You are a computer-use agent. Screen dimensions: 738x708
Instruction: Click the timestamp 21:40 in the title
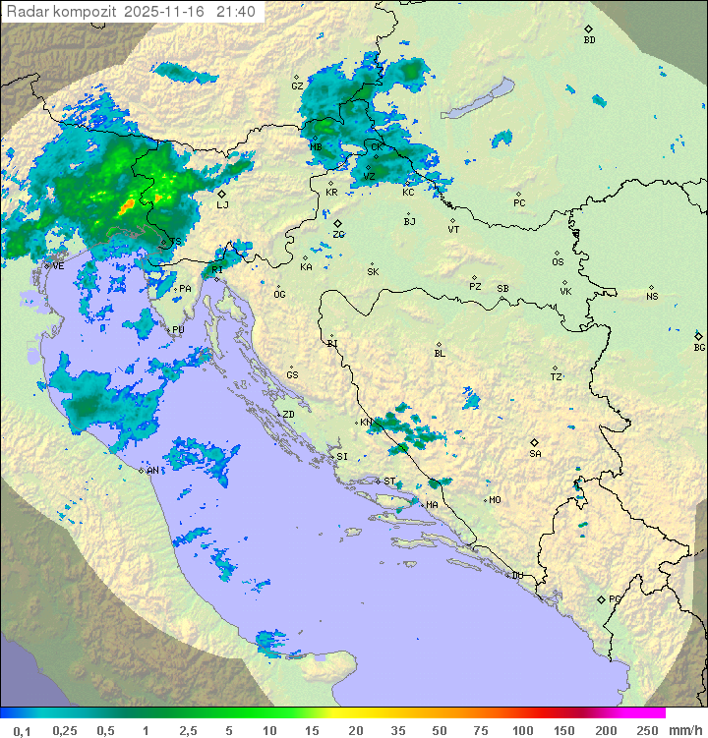[236, 11]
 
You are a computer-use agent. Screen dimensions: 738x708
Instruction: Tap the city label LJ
[222, 204]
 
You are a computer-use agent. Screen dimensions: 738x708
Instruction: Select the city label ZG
[338, 234]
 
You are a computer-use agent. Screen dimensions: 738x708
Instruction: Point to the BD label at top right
[589, 40]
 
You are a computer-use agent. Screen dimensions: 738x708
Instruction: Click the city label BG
[699, 347]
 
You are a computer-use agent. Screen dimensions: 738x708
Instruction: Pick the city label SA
[535, 453]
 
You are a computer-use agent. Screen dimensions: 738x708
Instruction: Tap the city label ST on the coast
[389, 482]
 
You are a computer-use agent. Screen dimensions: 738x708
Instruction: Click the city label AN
[152, 471]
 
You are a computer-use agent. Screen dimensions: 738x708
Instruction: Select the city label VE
[58, 266]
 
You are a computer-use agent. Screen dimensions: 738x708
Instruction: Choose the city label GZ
[297, 85]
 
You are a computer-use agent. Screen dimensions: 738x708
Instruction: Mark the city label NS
[652, 296]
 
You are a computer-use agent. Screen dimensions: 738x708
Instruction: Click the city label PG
[615, 598]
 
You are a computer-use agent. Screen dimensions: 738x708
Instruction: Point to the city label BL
[440, 353]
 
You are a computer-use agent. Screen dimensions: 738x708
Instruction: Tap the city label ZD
[288, 415]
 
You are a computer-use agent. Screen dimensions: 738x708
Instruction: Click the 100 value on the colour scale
[523, 730]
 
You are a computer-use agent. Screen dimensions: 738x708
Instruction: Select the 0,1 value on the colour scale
[22, 730]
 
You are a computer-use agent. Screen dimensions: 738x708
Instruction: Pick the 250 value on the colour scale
[647, 730]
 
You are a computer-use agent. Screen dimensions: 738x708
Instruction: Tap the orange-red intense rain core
[128, 206]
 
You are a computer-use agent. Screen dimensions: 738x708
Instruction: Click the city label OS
[558, 261]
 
